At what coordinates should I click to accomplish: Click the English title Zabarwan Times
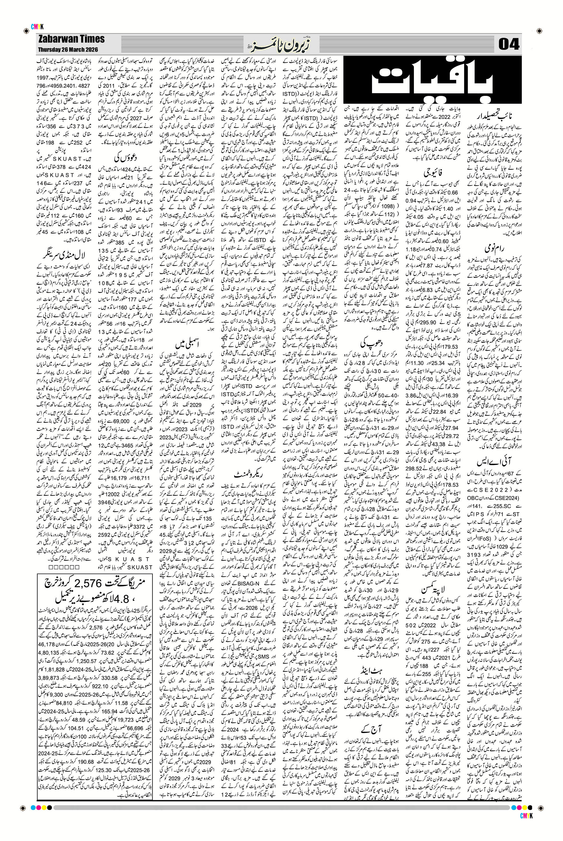click(x=71, y=39)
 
